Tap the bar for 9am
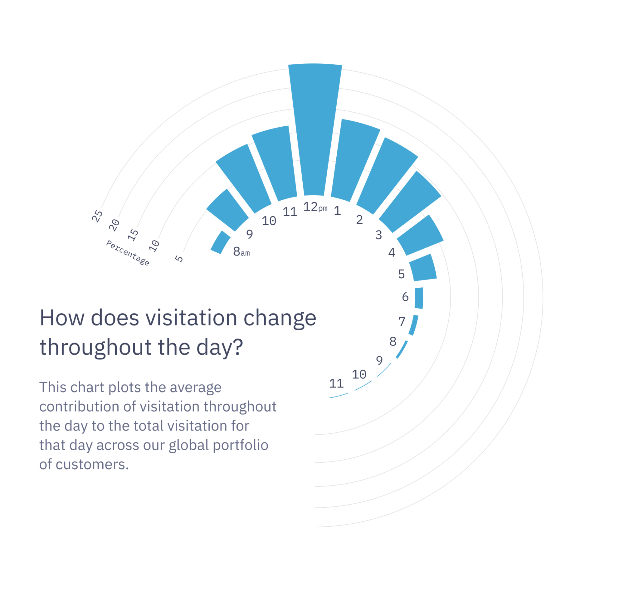tap(228, 211)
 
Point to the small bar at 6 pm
tap(419, 298)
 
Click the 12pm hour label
tap(314, 207)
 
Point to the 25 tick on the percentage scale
tap(97, 216)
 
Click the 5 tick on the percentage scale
tap(179, 258)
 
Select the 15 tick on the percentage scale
tap(133, 235)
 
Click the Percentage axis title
tap(128, 253)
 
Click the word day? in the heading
tap(219, 347)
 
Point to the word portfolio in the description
tap(241, 445)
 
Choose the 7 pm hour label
tap(402, 322)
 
